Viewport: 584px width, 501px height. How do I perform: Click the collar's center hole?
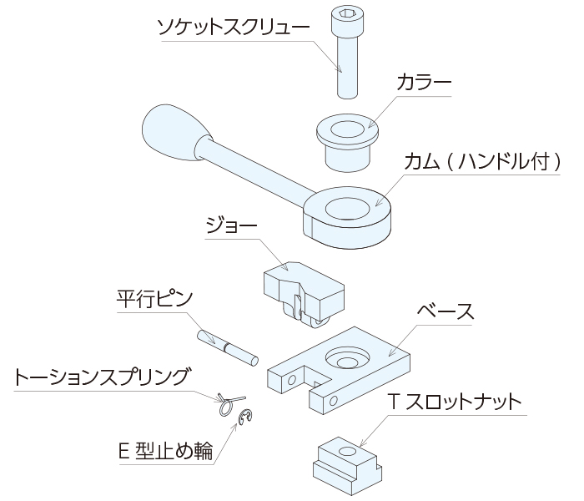345,130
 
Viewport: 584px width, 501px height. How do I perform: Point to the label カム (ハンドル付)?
482,160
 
